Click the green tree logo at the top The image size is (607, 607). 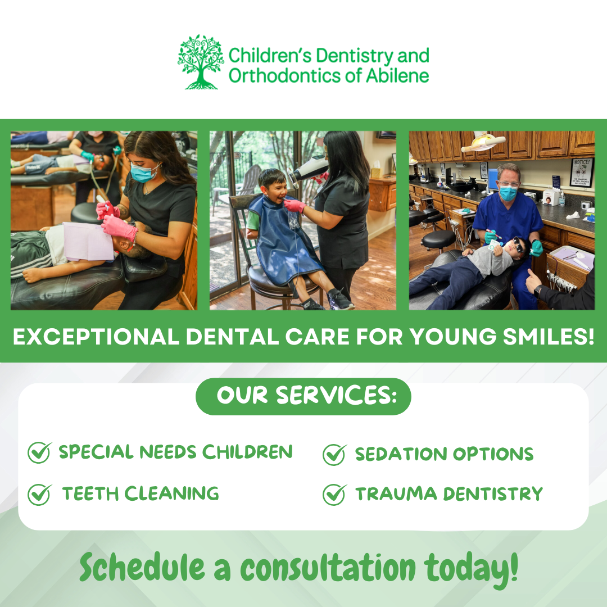point(200,62)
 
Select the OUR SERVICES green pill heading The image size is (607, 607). point(303,396)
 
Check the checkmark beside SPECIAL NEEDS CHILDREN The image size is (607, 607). point(39,452)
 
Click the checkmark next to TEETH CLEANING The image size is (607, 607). point(39,494)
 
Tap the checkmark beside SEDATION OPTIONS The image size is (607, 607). point(334,454)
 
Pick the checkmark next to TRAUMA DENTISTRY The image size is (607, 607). point(334,495)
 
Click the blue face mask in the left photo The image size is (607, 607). point(143,173)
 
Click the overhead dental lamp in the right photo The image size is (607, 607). point(482,143)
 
